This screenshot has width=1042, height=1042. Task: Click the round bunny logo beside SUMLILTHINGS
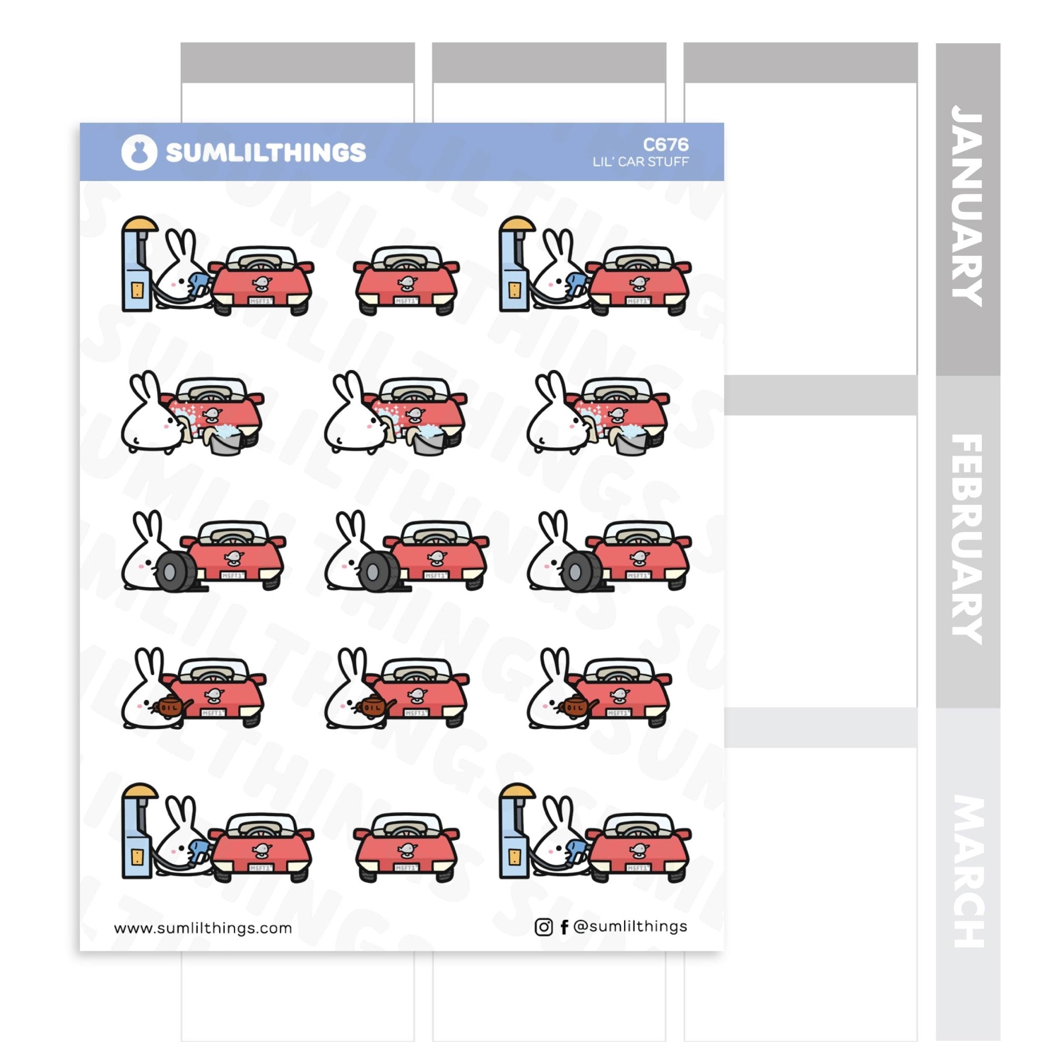pyautogui.click(x=139, y=153)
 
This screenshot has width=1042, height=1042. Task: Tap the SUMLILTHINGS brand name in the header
pyautogui.click(x=266, y=153)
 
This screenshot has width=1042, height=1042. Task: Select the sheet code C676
pyautogui.click(x=665, y=144)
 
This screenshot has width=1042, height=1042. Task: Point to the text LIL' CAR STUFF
pyautogui.click(x=640, y=162)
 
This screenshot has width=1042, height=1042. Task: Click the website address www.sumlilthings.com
pyautogui.click(x=203, y=928)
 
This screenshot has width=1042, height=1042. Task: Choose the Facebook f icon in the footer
pyautogui.click(x=564, y=927)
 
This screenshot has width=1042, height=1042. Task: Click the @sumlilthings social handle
pyautogui.click(x=630, y=927)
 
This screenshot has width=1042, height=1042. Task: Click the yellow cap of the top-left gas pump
pyautogui.click(x=139, y=223)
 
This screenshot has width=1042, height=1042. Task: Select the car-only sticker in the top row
pyautogui.click(x=406, y=280)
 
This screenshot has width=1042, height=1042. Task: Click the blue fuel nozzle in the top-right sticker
pyautogui.click(x=578, y=284)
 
